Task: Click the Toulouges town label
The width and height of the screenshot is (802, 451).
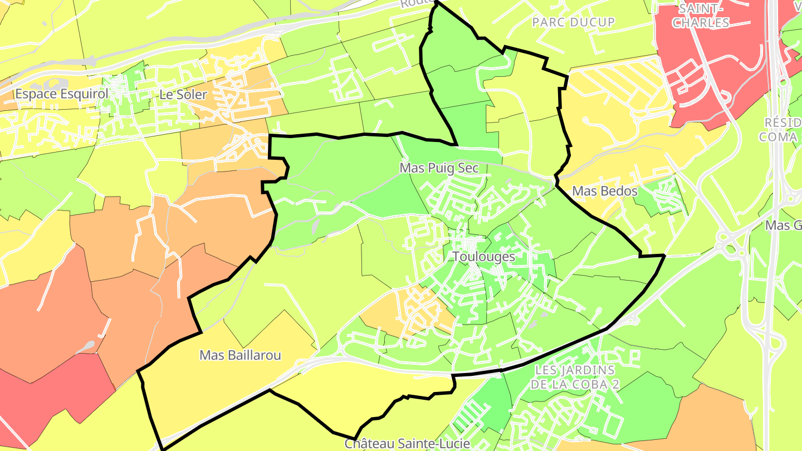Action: [483, 257]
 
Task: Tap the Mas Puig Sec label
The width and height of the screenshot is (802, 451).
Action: [439, 168]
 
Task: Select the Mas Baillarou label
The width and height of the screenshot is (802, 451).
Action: [240, 355]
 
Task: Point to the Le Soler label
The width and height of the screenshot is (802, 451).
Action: [183, 95]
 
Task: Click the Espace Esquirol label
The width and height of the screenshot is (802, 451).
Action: [61, 94]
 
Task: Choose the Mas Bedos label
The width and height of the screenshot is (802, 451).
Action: [605, 192]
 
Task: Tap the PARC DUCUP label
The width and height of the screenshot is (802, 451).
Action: [574, 22]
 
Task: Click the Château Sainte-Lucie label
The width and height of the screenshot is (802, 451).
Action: [407, 444]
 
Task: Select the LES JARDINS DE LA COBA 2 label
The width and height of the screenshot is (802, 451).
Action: [575, 377]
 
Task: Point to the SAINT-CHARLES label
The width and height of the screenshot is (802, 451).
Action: [700, 16]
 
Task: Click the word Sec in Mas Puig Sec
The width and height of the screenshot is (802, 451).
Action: [468, 168]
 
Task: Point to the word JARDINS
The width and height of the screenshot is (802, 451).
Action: [591, 370]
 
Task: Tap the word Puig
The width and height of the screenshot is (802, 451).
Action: [439, 168]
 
